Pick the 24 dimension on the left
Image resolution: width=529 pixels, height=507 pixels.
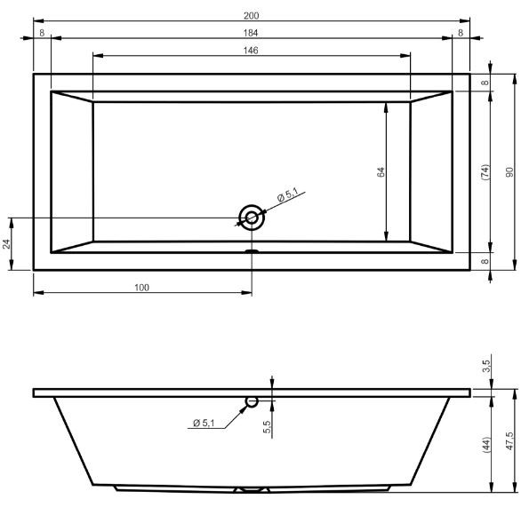[6, 243]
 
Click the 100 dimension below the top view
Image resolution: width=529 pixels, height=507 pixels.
[141, 287]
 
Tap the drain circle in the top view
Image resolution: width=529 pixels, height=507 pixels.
[252, 217]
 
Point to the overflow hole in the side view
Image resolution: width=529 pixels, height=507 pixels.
[252, 401]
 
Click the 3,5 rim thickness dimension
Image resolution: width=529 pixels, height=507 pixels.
[485, 365]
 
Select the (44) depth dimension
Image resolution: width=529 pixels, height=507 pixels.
[485, 441]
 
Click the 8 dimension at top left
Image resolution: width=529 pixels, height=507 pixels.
[42, 33]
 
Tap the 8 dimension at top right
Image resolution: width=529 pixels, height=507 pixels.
[461, 33]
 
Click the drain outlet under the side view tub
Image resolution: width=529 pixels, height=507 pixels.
[252, 489]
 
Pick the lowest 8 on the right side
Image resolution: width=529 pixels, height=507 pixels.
[485, 261]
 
